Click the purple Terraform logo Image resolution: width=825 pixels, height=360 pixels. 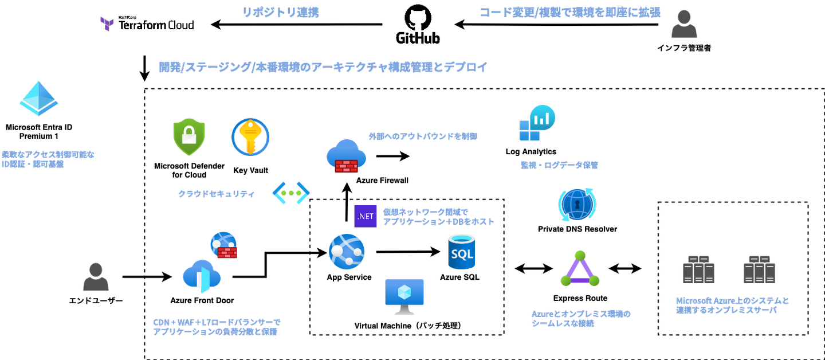tap(107, 24)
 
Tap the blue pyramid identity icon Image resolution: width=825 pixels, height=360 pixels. tap(38, 99)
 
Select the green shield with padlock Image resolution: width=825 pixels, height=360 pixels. tap(189, 137)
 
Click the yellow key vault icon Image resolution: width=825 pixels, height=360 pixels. tap(250, 137)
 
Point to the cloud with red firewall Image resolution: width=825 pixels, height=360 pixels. tap(346, 156)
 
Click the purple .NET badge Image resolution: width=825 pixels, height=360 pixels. tap(366, 216)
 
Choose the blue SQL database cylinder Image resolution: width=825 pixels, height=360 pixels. tap(461, 252)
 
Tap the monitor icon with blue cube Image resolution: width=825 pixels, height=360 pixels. tap(404, 296)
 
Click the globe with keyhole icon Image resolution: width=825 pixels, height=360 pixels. tap(577, 205)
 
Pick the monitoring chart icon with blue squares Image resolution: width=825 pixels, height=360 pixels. tap(537, 123)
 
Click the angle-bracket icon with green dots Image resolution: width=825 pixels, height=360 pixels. tap(291, 193)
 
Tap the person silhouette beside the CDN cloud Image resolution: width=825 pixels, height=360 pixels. tap(96, 277)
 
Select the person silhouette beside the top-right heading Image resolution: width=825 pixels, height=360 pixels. tap(684, 24)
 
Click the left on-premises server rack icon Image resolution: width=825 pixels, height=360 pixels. tap(698, 269)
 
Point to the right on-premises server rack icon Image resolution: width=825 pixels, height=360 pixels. tap(759, 269)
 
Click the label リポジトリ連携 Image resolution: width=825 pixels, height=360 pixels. tap(281, 13)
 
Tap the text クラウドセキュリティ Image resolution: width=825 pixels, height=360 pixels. tap(217, 194)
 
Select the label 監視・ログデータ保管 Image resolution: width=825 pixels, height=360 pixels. tap(559, 165)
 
